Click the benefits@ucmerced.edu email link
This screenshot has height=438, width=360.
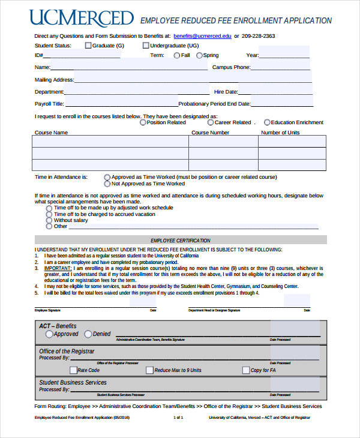coord(202,36)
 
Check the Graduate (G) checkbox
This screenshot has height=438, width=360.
coord(88,45)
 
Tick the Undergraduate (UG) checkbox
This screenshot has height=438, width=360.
coord(146,45)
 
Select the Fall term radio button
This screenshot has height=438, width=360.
coord(176,55)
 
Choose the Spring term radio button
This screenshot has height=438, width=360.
coord(199,55)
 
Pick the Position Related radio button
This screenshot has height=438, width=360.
coord(143,122)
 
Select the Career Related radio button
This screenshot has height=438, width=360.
coord(211,122)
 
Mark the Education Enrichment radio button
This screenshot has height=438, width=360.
coord(267,122)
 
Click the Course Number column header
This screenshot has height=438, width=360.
coord(210,132)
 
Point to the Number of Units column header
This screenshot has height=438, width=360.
coord(280,132)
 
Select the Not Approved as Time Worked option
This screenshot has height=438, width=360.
coord(107,184)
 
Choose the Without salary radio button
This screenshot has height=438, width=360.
coord(49,220)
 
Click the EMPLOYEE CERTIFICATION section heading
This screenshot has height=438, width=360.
coord(181,240)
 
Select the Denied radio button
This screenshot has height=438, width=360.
coord(88,334)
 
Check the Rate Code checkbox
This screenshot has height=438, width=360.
coord(73,370)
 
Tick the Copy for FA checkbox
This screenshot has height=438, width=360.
coord(245,370)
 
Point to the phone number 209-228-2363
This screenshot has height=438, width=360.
coord(259,36)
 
